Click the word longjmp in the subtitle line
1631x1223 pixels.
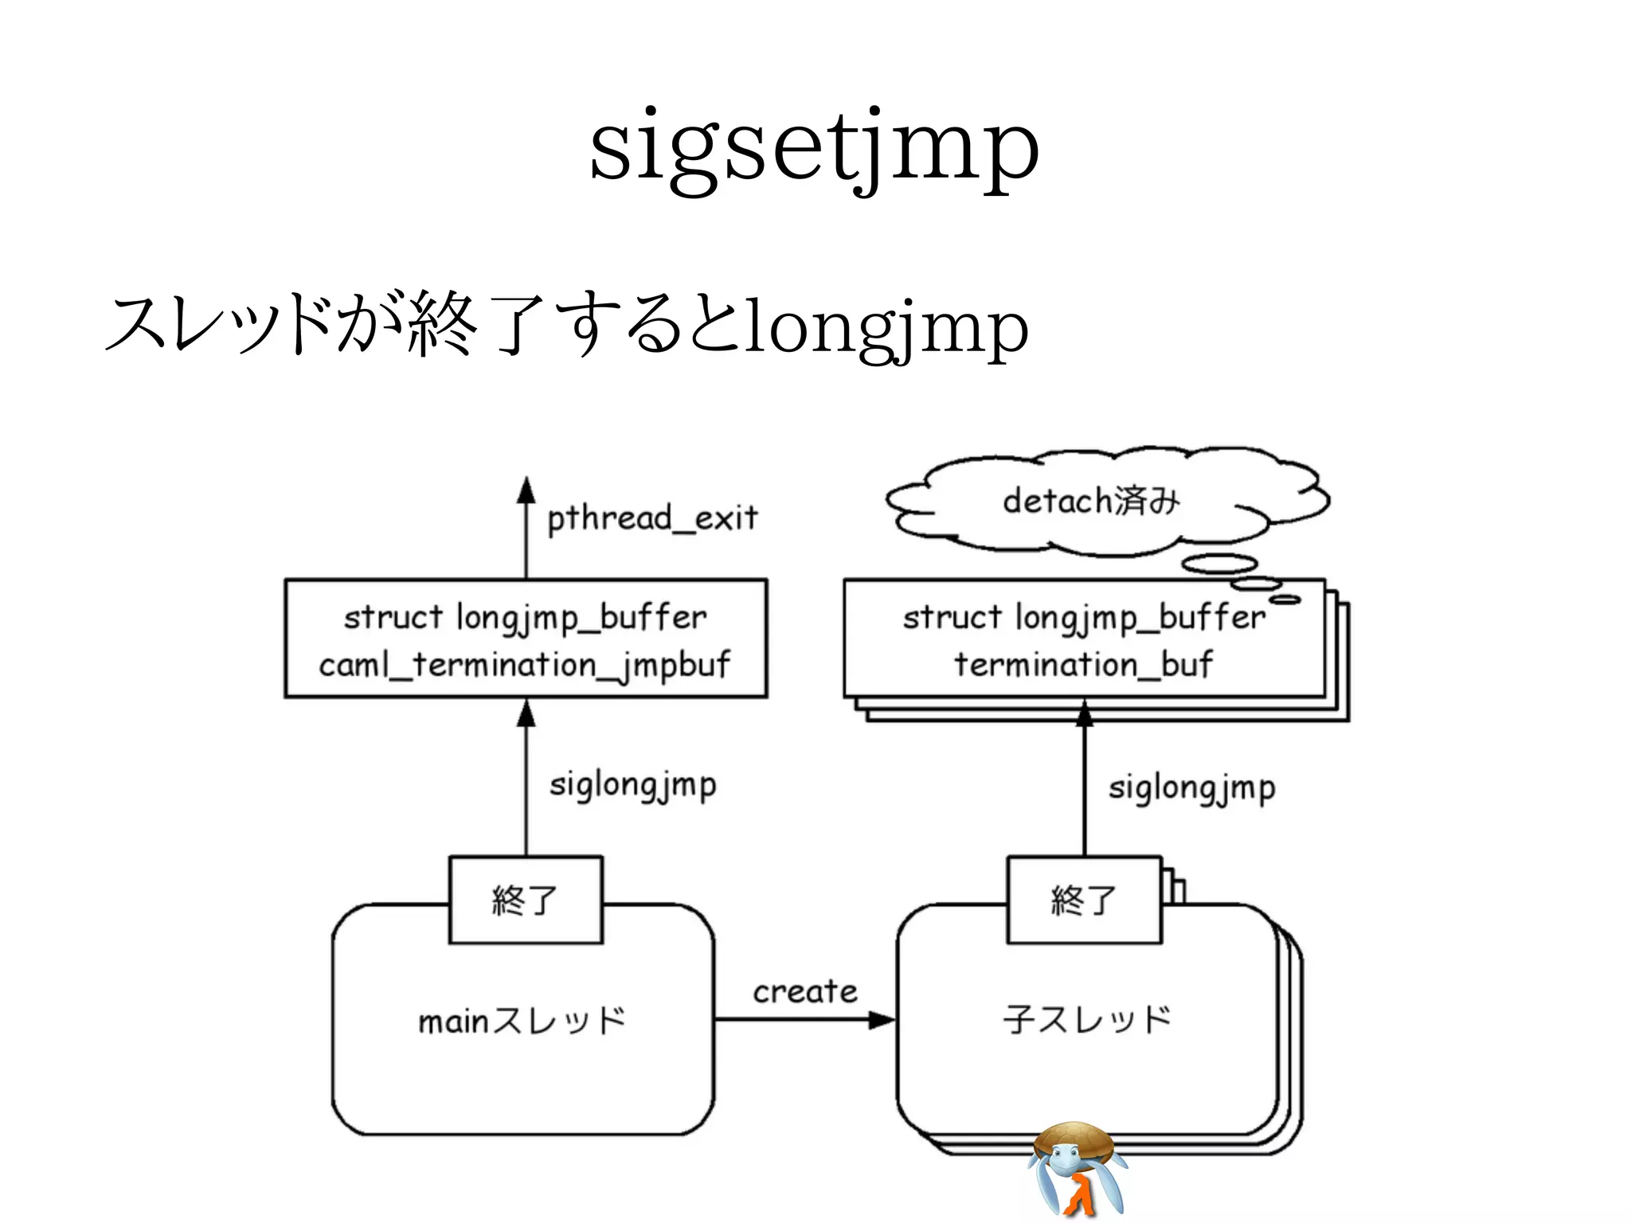pos(886,328)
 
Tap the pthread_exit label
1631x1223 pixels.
pos(651,518)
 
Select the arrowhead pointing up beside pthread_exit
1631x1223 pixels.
pos(526,490)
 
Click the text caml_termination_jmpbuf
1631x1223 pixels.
pos(524,664)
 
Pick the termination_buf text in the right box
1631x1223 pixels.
pos(1083,664)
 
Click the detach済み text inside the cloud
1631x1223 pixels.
pos(1091,501)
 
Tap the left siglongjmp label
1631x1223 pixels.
pos(632,785)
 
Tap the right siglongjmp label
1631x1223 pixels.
pos(1191,788)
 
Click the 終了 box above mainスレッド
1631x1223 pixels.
pos(526,900)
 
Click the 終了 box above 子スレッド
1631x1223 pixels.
pos(1084,900)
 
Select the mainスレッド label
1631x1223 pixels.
pos(522,1021)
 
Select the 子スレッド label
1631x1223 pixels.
pos(1087,1019)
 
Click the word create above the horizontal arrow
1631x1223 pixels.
pos(805,992)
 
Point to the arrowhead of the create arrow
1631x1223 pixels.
pos(882,1020)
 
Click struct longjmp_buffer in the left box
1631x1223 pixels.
pos(525,618)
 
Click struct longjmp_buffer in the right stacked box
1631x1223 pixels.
pos(1083,618)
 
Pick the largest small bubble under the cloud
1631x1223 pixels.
pos(1218,564)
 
